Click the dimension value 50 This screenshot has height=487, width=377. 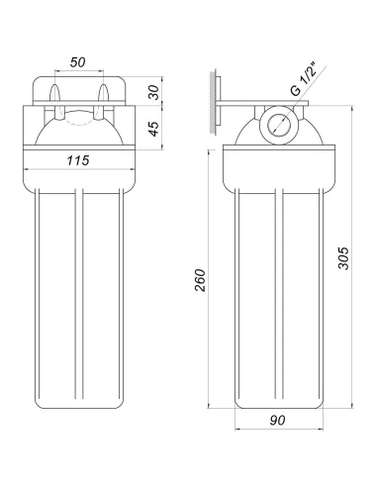click(77, 62)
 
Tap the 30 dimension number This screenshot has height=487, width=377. click(153, 92)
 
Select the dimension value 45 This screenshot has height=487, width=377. click(153, 129)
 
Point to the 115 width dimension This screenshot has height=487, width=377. click(78, 160)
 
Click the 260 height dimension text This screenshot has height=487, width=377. click(200, 280)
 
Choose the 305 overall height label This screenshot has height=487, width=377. click(343, 258)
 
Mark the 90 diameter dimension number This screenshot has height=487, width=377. click(277, 420)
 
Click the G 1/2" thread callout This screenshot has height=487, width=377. click(304, 81)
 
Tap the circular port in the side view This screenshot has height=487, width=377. click(279, 125)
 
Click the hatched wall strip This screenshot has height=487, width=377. click(213, 102)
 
